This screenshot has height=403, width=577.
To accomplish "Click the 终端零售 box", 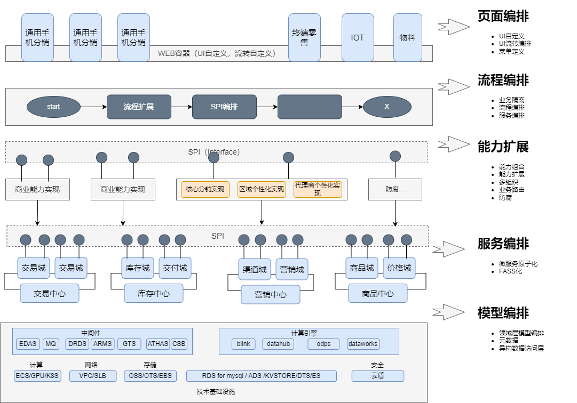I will tap(304, 37).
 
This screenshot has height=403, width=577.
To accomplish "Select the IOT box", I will tap(358, 37).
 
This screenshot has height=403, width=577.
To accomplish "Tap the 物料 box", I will tap(407, 37).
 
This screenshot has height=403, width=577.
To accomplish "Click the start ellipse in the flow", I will tap(53, 107).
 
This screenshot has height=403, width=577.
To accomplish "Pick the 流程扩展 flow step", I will tap(139, 107).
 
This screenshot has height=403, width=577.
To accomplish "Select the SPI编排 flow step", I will tap(224, 107).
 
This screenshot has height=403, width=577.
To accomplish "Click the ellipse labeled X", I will tap(387, 107).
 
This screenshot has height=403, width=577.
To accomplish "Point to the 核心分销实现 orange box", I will tap(205, 189).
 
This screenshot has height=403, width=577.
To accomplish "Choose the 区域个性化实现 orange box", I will tap(262, 189).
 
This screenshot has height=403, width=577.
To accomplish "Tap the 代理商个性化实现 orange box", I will tap(318, 189).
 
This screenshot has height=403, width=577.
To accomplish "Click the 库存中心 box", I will tap(154, 293).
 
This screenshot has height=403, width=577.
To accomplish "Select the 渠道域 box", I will tap(255, 269).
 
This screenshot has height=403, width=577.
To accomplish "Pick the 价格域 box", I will tap(399, 268).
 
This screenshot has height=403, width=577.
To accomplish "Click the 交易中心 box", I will tap(50, 293).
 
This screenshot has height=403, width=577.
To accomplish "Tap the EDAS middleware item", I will tap(28, 344).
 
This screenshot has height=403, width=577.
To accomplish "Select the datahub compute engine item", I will tap(278, 344).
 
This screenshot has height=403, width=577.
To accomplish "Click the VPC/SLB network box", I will tap(92, 376).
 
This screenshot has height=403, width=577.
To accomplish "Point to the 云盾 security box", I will tap(377, 376).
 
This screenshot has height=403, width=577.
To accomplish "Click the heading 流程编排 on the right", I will tap(503, 80).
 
